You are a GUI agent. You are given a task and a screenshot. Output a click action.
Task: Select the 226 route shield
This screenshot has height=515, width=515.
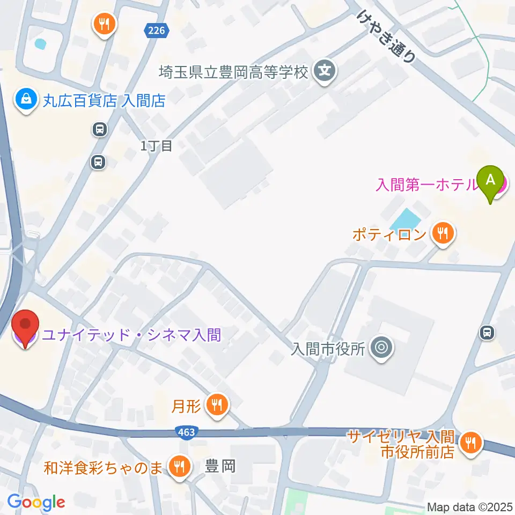(x=156, y=31)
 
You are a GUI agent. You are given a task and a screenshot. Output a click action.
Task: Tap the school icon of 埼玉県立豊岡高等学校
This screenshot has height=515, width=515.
(x=325, y=70)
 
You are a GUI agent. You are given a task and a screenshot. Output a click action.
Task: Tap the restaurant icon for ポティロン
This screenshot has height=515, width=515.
(x=443, y=233)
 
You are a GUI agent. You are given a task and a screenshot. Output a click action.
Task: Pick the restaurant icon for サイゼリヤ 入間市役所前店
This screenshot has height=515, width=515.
(x=472, y=443)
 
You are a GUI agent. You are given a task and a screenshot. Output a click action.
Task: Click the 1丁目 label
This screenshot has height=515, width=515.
(x=156, y=146)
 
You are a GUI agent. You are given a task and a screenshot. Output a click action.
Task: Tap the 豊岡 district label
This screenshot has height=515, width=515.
(x=221, y=466)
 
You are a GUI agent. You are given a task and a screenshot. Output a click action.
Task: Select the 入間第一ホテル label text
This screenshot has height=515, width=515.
(x=426, y=185)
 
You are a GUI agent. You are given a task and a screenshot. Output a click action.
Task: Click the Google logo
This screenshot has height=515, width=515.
(x=36, y=502)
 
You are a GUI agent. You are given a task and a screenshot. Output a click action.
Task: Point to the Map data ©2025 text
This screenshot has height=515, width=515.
(x=470, y=506)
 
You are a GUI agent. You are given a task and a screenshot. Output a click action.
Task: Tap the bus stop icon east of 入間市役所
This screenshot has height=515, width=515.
(x=487, y=333)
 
